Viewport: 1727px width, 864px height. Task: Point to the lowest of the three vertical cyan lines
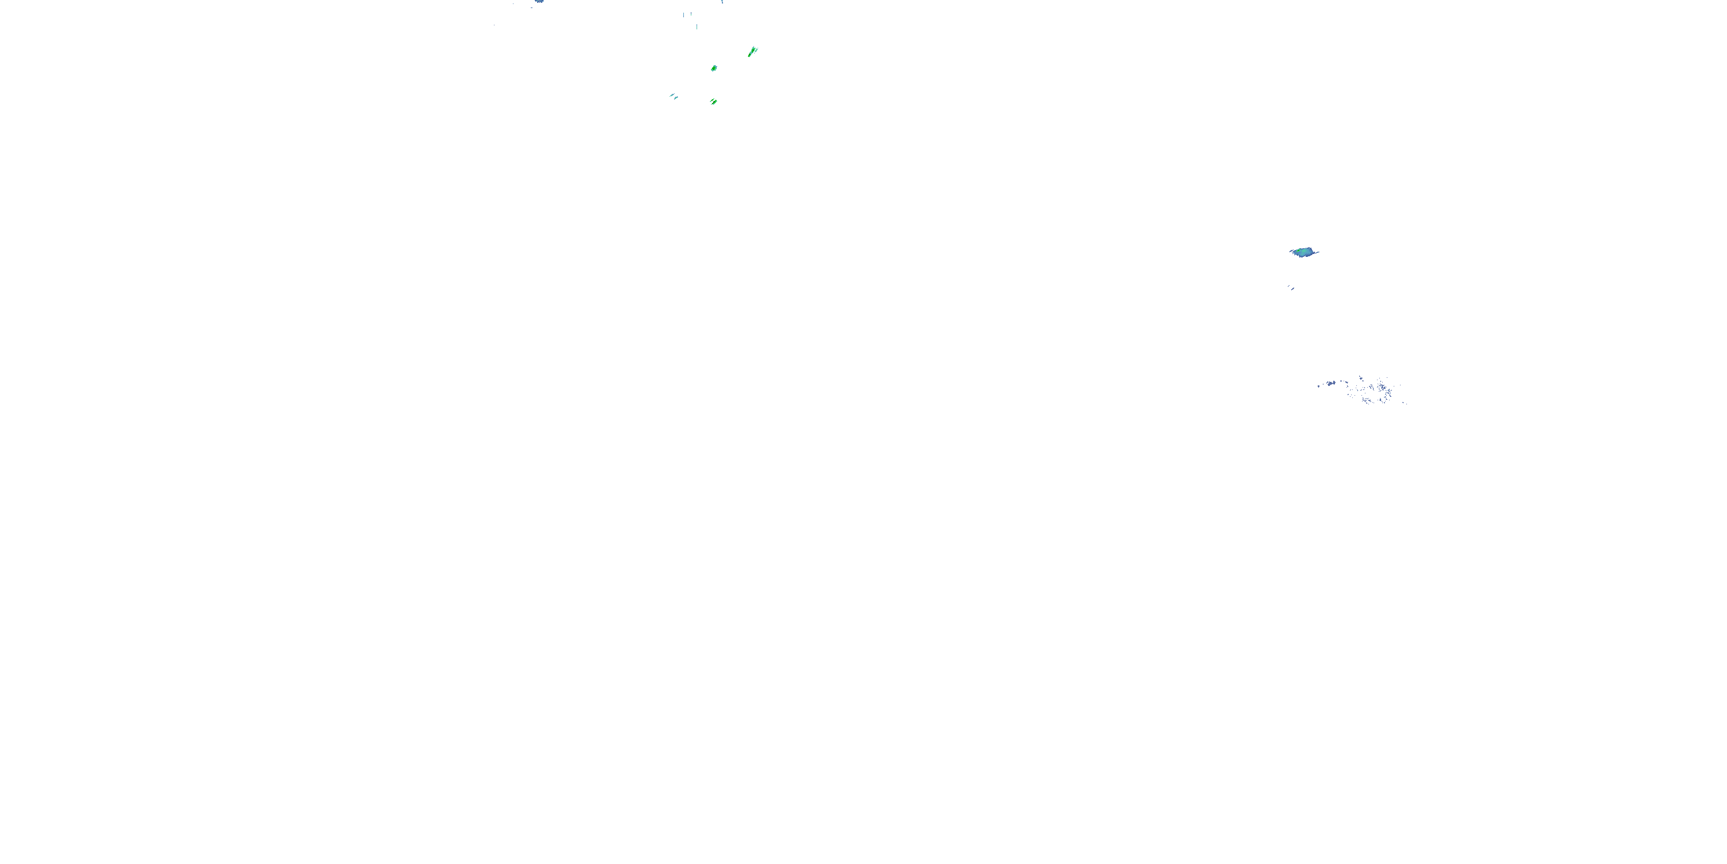pos(697,27)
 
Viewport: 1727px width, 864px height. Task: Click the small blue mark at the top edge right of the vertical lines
pos(722,2)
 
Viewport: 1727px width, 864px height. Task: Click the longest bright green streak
pos(752,52)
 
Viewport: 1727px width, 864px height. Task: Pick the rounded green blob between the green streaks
pos(714,68)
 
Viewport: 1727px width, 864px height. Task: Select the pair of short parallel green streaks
pos(713,102)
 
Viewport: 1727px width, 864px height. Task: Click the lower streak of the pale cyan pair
pos(676,98)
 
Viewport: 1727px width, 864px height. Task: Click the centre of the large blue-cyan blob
pos(1303,252)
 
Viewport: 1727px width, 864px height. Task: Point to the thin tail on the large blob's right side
pos(1317,252)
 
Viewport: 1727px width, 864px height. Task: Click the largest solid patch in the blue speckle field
pos(1332,383)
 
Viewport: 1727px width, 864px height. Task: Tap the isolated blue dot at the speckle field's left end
pos(1318,386)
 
